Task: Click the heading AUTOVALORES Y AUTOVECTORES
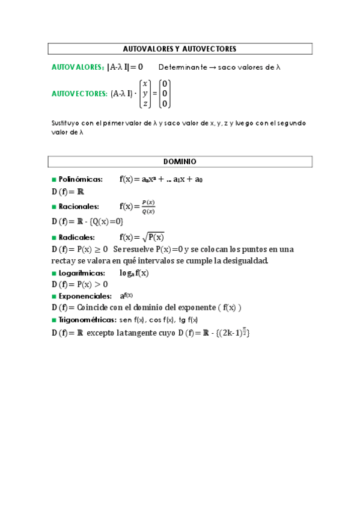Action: (x=180, y=49)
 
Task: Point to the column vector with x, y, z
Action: (x=145, y=94)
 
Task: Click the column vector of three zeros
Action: (x=165, y=94)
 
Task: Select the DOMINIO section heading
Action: (x=180, y=162)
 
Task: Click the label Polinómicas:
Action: (x=81, y=179)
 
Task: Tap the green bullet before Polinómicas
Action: (x=54, y=179)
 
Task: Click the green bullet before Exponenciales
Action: (x=54, y=296)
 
